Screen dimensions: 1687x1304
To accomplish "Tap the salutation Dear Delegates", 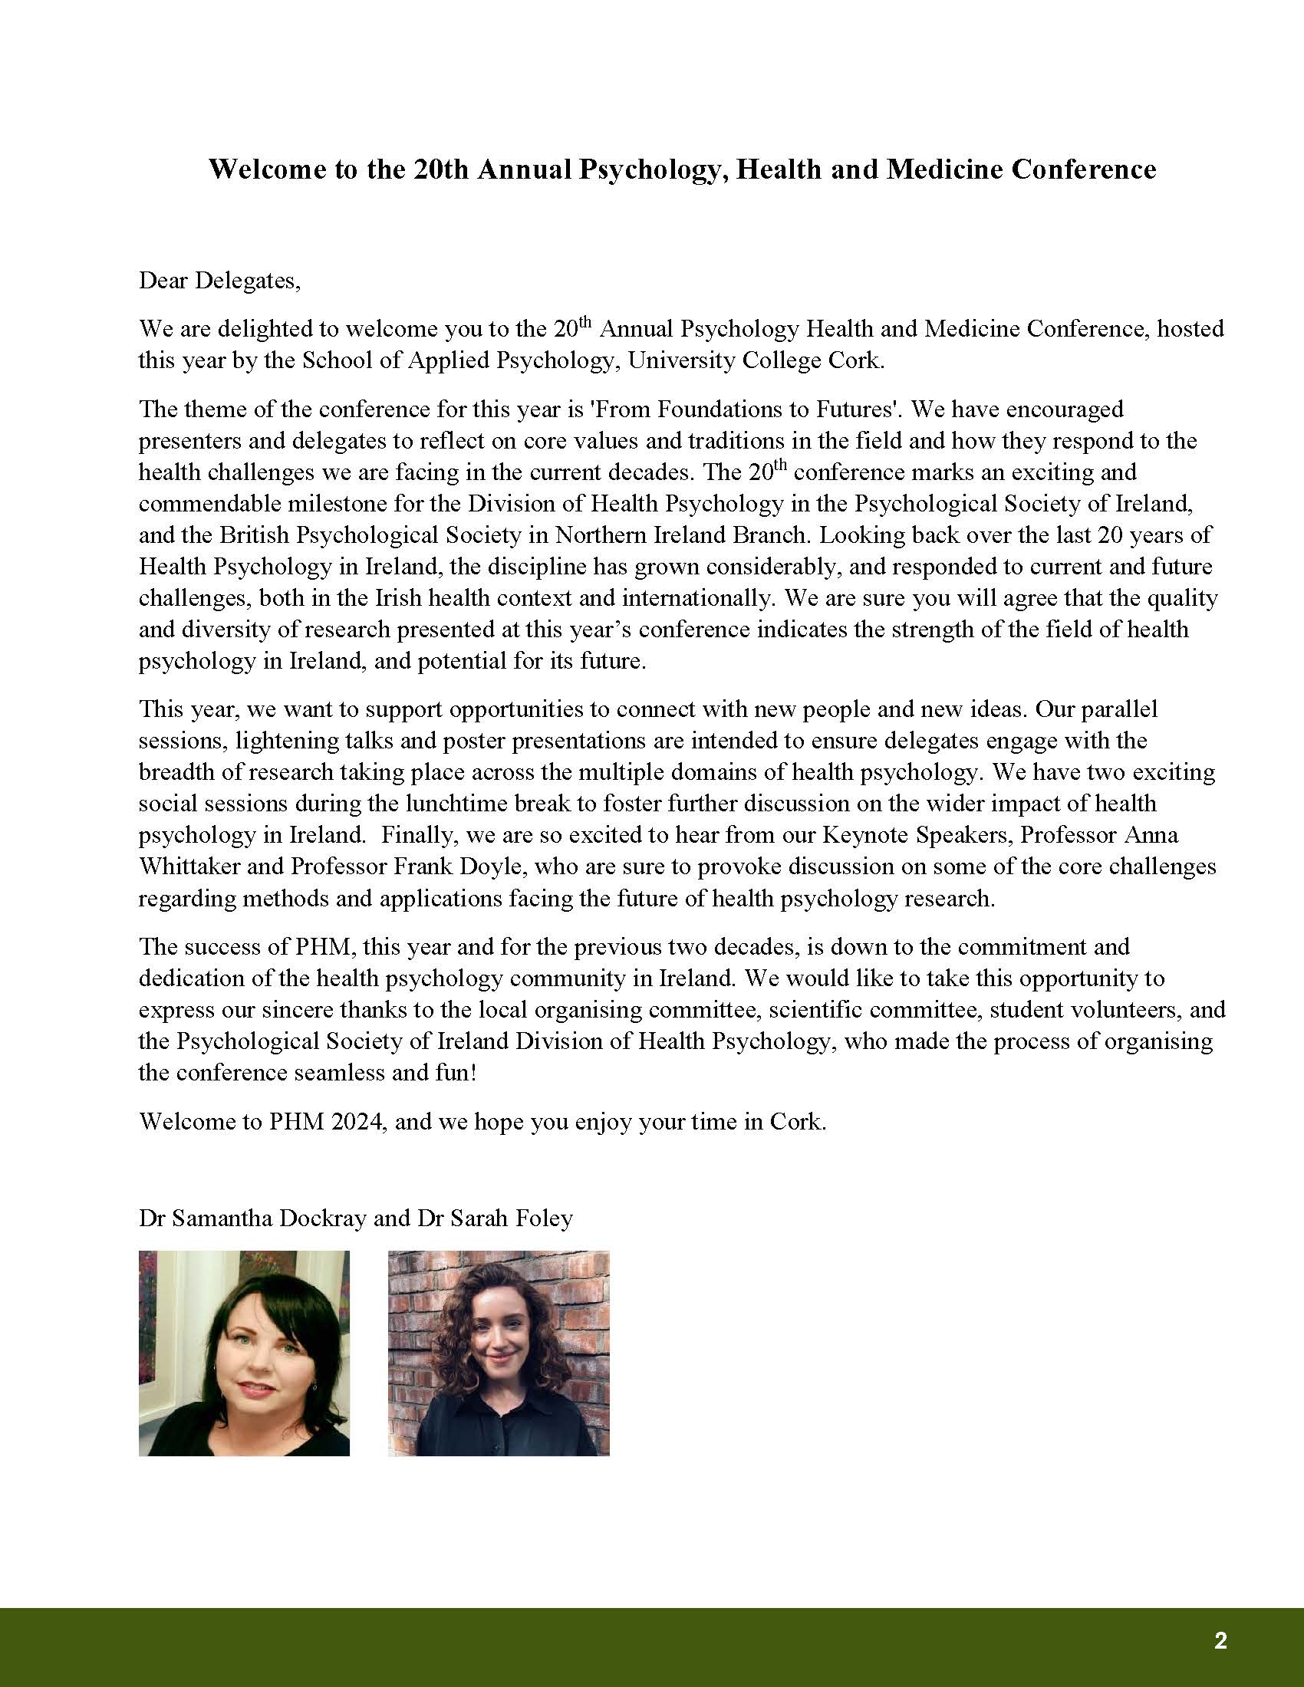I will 219,280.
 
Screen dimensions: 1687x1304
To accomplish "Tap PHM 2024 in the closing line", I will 326,1121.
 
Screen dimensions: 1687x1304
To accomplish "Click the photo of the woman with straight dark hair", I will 244,1353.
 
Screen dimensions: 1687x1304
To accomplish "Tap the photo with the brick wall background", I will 499,1353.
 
